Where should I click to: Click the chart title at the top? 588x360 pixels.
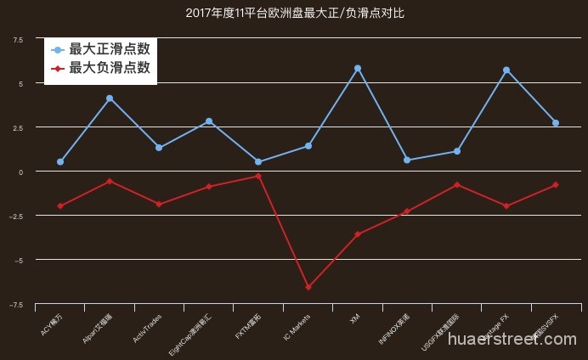(x=294, y=14)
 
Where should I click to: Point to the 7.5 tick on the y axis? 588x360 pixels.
(x=19, y=39)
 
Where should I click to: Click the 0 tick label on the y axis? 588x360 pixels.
(x=21, y=172)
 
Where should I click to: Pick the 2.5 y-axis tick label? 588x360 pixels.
(x=19, y=127)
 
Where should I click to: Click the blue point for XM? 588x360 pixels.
(x=358, y=68)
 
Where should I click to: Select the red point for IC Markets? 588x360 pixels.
(x=308, y=287)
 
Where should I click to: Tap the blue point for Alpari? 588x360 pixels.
(x=110, y=98)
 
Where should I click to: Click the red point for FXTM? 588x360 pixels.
(x=258, y=176)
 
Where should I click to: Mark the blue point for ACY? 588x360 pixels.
(x=60, y=161)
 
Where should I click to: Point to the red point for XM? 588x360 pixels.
(x=358, y=234)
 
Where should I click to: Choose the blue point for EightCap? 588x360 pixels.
(x=209, y=121)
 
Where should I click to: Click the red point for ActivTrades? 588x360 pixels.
(x=159, y=205)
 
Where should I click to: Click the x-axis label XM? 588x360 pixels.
(x=354, y=319)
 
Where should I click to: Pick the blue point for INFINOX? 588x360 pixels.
(x=407, y=160)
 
